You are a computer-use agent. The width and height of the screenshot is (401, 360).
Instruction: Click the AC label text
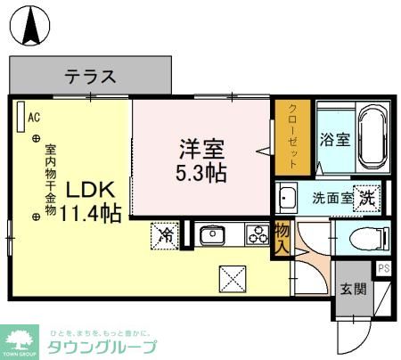[x=34, y=117]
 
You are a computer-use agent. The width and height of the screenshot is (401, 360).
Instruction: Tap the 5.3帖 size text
[x=200, y=171]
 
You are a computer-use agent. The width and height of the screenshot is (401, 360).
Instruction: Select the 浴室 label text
[x=333, y=140]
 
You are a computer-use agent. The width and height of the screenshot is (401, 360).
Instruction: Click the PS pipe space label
[x=384, y=268]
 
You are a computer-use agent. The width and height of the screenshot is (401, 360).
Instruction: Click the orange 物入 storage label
[x=282, y=236]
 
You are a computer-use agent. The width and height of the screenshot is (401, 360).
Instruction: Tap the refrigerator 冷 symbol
[x=166, y=235]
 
